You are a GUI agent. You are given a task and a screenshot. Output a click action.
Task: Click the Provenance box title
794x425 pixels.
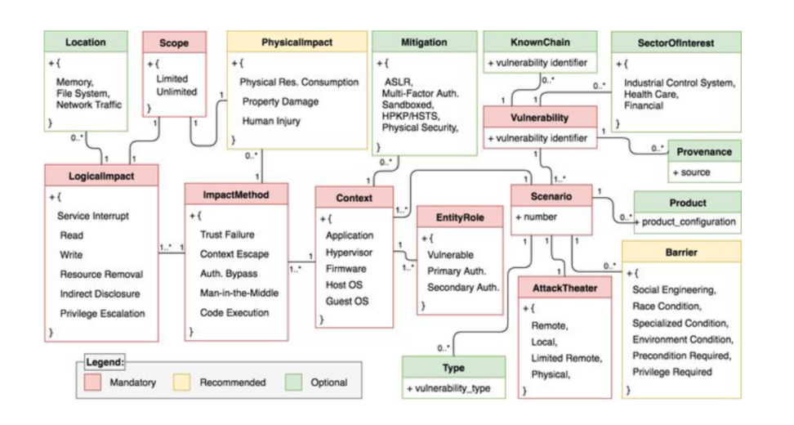tap(703, 153)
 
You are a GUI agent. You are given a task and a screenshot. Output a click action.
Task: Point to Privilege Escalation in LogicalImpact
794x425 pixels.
tap(101, 313)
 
